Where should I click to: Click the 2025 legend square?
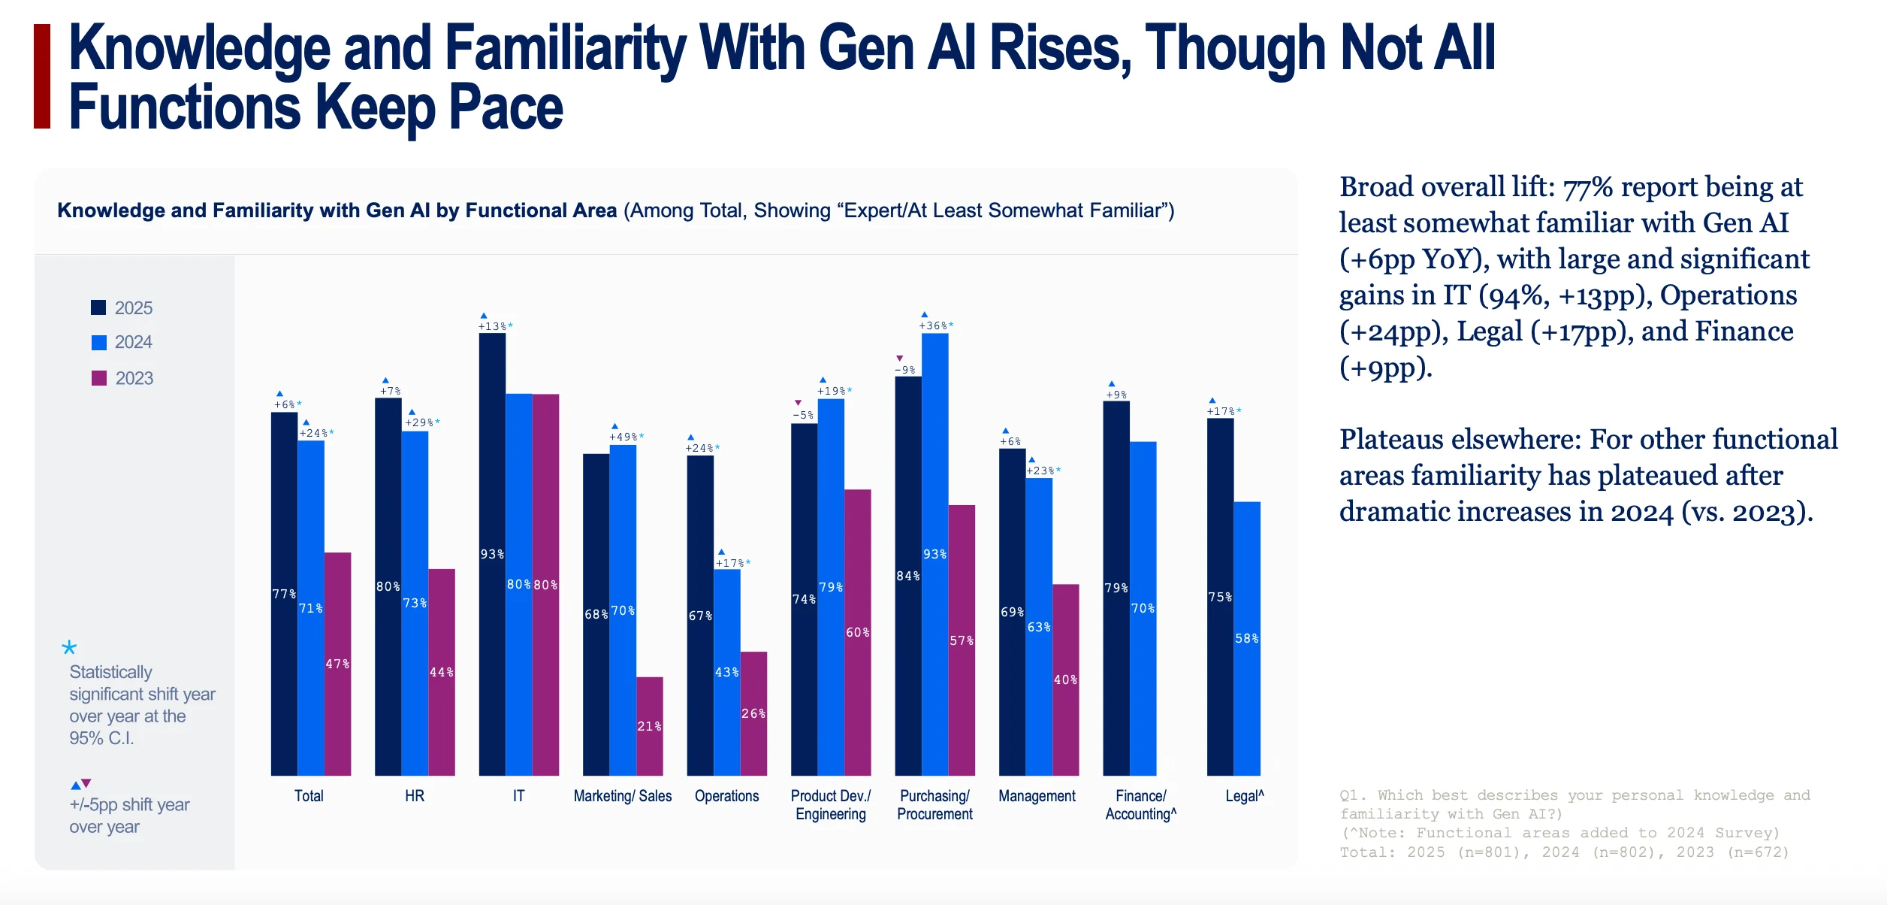point(98,307)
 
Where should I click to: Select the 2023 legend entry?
point(122,378)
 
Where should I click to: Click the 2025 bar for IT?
point(492,554)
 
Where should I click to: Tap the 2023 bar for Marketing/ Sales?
point(650,726)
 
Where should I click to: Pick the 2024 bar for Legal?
point(1247,638)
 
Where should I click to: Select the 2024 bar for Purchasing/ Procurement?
point(935,554)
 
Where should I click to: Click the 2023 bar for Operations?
point(753,713)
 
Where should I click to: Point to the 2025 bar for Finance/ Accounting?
point(1116,588)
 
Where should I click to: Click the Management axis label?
point(1037,796)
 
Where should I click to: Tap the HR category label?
point(415,796)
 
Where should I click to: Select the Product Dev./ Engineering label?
point(831,805)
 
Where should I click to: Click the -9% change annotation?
point(905,370)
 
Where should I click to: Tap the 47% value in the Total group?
point(337,664)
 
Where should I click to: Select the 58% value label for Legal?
point(1247,638)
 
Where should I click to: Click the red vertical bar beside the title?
point(42,76)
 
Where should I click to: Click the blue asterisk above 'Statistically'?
point(69,647)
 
